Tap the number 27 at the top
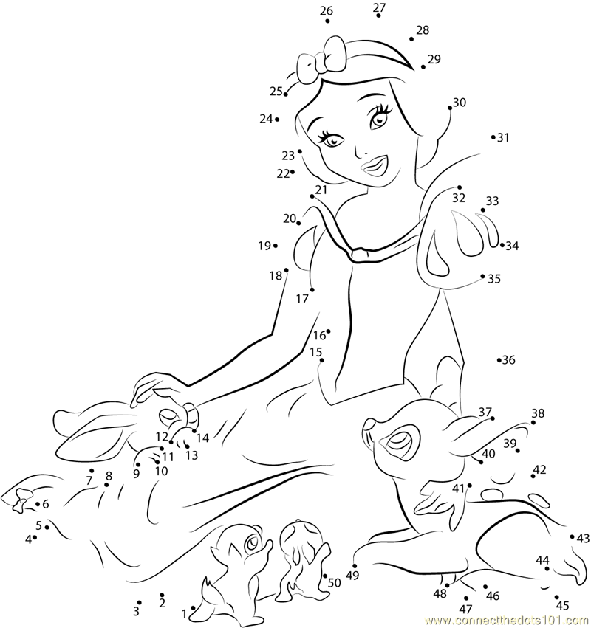pyautogui.click(x=379, y=8)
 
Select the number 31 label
pyautogui.click(x=503, y=137)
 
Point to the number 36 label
pyautogui.click(x=508, y=360)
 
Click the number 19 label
pyautogui.click(x=264, y=246)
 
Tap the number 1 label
pyautogui.click(x=184, y=613)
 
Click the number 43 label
pyautogui.click(x=584, y=538)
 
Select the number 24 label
pyautogui.click(x=266, y=118)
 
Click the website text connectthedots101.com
pyautogui.click(x=508, y=619)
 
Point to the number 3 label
pyautogui.click(x=136, y=611)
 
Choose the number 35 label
pyautogui.click(x=494, y=279)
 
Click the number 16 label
pyautogui.click(x=319, y=335)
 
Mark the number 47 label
pyautogui.click(x=465, y=609)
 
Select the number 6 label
pyautogui.click(x=45, y=504)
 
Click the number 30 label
pyautogui.click(x=460, y=103)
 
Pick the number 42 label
pyautogui.click(x=539, y=469)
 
